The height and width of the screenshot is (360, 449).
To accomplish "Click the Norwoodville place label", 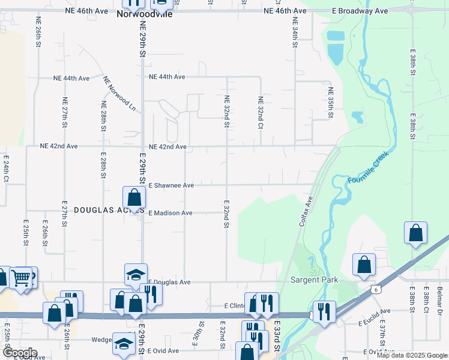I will point(144,14).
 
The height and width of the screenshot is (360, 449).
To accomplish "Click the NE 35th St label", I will point(331,103).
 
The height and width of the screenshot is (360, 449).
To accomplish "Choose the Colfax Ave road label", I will point(306,212).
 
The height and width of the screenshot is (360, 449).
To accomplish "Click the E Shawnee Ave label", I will point(171,185).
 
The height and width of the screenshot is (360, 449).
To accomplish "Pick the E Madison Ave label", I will point(170,213).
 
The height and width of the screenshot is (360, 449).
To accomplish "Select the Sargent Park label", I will point(315,280).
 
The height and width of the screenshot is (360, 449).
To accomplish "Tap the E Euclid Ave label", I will point(374,311).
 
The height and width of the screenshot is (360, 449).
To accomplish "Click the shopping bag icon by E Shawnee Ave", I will point(134,197).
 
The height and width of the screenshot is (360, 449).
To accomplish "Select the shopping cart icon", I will point(21,278).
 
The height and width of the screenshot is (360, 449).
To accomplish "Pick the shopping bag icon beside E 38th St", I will point(415,234).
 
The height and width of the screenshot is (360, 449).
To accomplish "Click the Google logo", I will point(19,353).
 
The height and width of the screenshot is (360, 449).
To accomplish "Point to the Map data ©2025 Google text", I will point(412,355).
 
